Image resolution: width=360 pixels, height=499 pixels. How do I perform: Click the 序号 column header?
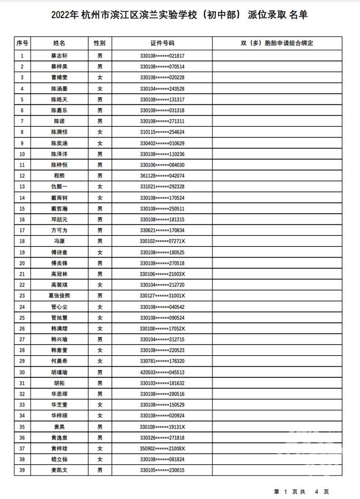[x=22, y=43]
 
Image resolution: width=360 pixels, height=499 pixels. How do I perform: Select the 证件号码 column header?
[x=162, y=43]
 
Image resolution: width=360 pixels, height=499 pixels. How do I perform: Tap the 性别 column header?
[x=100, y=43]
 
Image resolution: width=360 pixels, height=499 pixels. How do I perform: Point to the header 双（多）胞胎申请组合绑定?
[x=277, y=43]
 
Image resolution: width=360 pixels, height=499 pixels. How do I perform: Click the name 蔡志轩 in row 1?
[x=60, y=56]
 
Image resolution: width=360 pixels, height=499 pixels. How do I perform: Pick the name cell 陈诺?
[x=60, y=121]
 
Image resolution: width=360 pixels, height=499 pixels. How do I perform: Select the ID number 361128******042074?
[x=162, y=176]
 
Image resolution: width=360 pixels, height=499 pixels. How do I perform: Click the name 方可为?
[x=60, y=230]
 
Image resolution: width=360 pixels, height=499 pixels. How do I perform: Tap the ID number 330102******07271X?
[x=162, y=241]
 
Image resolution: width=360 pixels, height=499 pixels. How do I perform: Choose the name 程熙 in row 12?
[x=60, y=176]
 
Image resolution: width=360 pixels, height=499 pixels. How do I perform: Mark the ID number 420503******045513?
[x=162, y=372]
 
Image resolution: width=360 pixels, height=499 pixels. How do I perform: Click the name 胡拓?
[x=60, y=383]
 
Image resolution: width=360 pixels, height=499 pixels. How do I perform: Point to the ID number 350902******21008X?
[x=162, y=448]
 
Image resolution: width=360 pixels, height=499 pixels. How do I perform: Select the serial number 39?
[x=22, y=470]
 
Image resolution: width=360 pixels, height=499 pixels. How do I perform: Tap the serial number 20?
[x=22, y=263]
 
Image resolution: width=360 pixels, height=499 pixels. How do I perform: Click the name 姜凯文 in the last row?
[x=60, y=470]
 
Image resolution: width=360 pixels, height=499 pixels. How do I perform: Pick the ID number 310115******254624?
[x=162, y=132]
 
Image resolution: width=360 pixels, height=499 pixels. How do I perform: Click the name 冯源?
[x=60, y=241]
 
